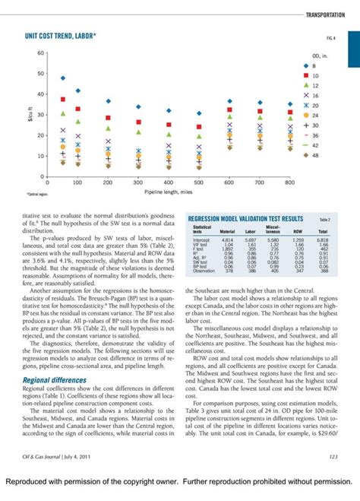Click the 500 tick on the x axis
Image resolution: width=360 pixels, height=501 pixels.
tap(198, 183)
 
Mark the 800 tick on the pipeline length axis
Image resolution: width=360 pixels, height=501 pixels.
tap(289, 183)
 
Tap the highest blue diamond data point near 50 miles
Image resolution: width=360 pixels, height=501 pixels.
tap(63, 78)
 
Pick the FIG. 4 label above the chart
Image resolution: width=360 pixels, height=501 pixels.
tap(330, 36)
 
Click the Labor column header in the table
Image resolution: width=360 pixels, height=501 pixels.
tap(251, 232)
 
